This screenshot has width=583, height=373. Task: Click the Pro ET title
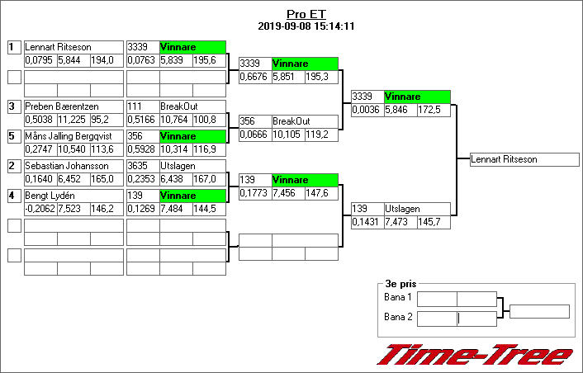(x=306, y=14)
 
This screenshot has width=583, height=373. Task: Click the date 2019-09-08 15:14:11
(x=306, y=26)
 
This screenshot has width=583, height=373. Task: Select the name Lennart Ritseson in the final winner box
(x=505, y=160)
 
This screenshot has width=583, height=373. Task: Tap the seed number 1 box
(x=13, y=48)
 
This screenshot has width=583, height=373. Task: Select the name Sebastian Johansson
(x=62, y=166)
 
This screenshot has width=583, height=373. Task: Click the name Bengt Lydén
(x=50, y=196)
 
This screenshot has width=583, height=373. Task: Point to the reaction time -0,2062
(x=40, y=209)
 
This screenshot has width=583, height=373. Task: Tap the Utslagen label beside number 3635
(x=178, y=166)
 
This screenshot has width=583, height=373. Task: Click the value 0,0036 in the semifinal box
(x=366, y=110)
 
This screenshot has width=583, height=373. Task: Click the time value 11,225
(x=73, y=120)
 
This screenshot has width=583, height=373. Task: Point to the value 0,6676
(x=254, y=77)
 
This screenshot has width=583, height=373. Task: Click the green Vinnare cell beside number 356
(x=192, y=136)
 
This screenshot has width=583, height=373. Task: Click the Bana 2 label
(x=398, y=317)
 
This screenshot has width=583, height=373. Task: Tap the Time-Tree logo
(x=474, y=355)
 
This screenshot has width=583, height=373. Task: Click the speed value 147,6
(x=320, y=193)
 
